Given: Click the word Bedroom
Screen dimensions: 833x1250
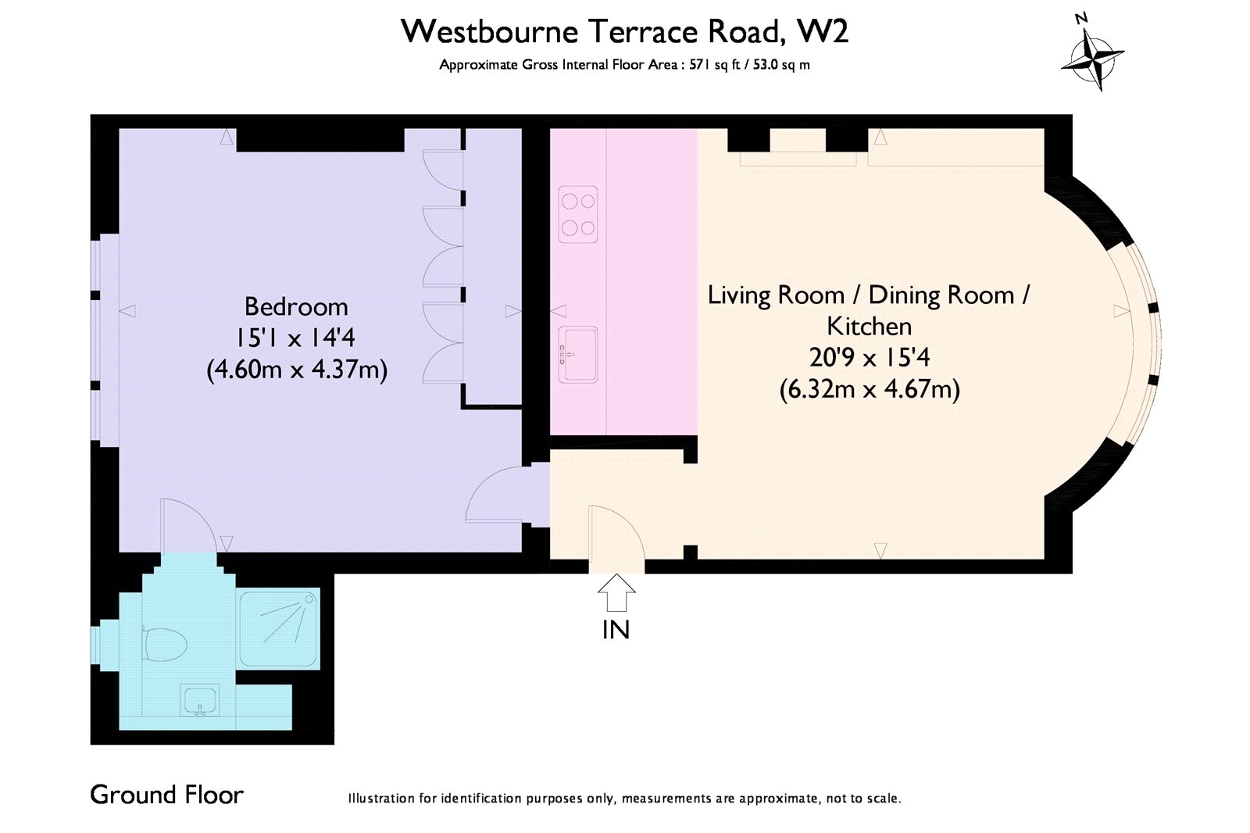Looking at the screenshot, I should [296, 306].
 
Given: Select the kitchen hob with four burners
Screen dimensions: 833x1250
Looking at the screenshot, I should [578, 213].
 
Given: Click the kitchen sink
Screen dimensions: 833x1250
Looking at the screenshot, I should [578, 354].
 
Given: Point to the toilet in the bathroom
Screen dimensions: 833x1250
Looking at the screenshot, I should [166, 645].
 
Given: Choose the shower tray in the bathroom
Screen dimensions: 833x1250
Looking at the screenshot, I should [279, 629].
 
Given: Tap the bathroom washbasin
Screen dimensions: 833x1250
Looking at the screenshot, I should [201, 700].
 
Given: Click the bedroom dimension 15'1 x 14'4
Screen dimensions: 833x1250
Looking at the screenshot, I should [296, 338].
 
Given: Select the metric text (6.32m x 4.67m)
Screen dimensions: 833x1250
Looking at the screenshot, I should [870, 388].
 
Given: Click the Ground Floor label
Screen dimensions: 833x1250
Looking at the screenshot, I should [167, 795].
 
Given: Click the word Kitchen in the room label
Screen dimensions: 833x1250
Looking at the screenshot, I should [870, 326].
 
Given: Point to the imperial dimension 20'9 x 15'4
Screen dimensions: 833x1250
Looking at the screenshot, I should [870, 357].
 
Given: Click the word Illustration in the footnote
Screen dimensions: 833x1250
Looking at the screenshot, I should [381, 799].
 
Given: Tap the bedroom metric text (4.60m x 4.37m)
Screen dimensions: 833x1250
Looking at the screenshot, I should [296, 369].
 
